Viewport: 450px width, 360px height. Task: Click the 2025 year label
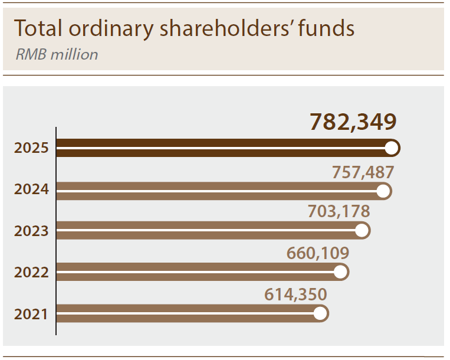click(x=31, y=148)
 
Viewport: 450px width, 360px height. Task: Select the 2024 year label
click(x=31, y=189)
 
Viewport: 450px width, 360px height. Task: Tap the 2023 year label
click(x=31, y=231)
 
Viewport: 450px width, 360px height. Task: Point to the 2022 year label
click(x=31, y=273)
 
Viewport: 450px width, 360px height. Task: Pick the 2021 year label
click(x=31, y=314)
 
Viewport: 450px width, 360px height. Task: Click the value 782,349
click(x=353, y=122)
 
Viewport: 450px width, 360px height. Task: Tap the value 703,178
click(x=339, y=211)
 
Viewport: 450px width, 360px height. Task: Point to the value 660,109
click(x=318, y=253)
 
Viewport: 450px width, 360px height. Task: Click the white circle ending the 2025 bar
click(x=392, y=148)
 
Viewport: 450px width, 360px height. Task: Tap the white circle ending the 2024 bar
click(x=383, y=191)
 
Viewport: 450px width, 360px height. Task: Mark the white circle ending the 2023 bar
click(x=362, y=231)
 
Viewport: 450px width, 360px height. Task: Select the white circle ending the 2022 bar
click(x=340, y=272)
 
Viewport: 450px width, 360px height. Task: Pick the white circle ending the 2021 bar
click(x=320, y=313)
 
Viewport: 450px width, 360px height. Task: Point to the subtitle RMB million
click(x=57, y=55)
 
